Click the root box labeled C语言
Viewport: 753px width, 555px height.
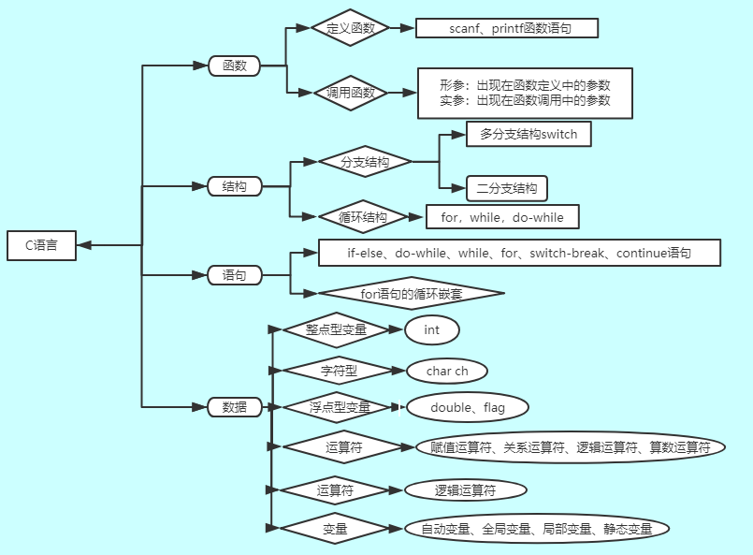click(x=41, y=245)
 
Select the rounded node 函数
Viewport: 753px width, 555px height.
click(x=234, y=66)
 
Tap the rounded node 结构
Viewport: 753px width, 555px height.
click(x=234, y=186)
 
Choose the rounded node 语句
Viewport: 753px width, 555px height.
click(x=234, y=275)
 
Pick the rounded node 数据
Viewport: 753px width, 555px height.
click(x=234, y=407)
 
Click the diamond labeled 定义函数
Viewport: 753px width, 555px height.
click(x=351, y=29)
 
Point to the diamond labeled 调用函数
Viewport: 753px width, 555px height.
click(x=351, y=93)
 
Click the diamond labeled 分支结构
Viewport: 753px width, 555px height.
click(x=365, y=162)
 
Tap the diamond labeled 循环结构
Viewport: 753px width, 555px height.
click(x=364, y=217)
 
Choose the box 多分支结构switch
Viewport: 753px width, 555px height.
click(x=529, y=134)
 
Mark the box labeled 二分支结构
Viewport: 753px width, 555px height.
click(x=507, y=188)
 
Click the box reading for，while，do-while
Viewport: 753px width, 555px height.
click(x=502, y=217)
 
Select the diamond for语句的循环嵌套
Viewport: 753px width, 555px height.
click(x=412, y=293)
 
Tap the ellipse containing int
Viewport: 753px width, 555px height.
click(x=431, y=329)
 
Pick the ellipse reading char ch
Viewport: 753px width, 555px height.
click(x=447, y=371)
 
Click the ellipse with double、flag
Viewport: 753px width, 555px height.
click(x=467, y=407)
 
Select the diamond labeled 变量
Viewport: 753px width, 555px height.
click(x=335, y=530)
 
